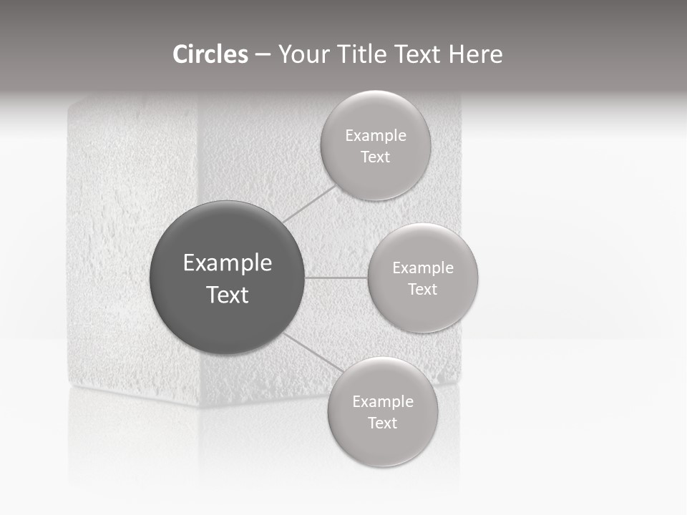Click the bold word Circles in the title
[x=210, y=54]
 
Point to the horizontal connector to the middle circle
[x=336, y=278]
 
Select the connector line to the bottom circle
[x=309, y=351]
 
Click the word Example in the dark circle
[x=227, y=263]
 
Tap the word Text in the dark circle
[x=227, y=295]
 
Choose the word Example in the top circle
[x=375, y=135]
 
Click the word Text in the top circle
[x=375, y=157]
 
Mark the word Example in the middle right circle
[x=422, y=268]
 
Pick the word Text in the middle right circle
[x=422, y=289]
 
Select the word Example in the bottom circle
[x=382, y=401]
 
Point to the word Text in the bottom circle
[x=382, y=423]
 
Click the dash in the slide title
[x=263, y=55]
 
